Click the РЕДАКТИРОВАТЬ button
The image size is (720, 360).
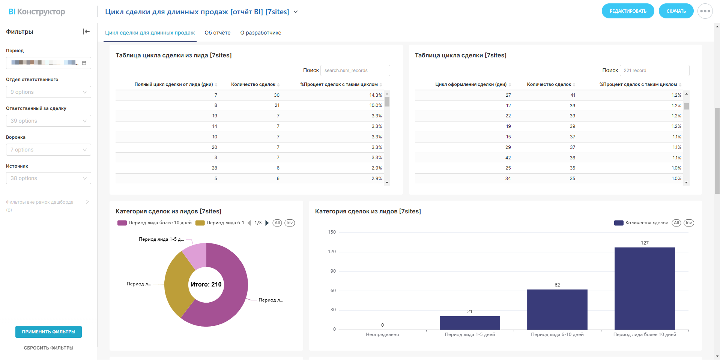click(x=628, y=11)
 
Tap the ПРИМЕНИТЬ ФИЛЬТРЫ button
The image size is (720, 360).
click(x=48, y=332)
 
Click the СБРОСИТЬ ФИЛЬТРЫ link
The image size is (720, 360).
click(x=48, y=348)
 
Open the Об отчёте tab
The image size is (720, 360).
click(x=218, y=33)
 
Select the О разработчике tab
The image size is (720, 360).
click(x=261, y=33)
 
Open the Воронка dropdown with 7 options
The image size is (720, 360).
click(x=48, y=150)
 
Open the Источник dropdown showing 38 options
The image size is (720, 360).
click(x=48, y=178)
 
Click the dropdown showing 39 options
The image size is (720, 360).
click(x=48, y=121)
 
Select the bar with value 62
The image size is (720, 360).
click(x=557, y=309)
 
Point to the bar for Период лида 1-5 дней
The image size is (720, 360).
click(x=470, y=322)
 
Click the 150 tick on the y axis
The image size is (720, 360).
click(x=332, y=232)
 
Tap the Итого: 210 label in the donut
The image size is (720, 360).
click(x=206, y=284)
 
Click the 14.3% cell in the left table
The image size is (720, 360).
click(x=376, y=95)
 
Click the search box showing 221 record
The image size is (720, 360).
click(x=654, y=70)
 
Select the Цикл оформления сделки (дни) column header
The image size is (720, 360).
click(x=470, y=84)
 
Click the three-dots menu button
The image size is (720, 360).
click(x=705, y=11)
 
